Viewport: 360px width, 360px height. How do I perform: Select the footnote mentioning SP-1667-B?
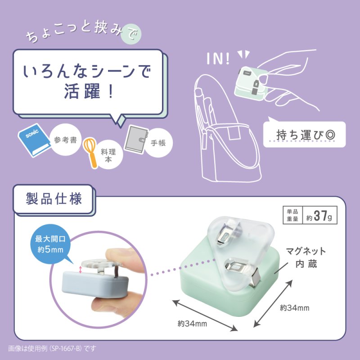coord(52,348)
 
